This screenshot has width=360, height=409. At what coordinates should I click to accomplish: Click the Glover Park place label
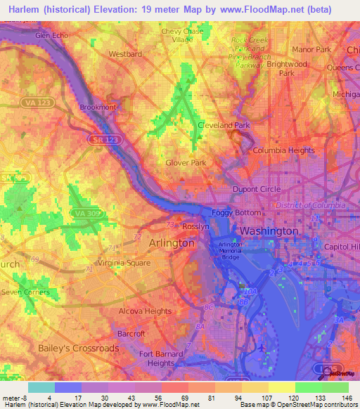(x=186, y=162)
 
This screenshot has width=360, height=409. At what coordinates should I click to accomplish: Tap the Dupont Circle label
(x=257, y=190)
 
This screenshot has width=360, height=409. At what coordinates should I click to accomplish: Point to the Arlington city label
(x=172, y=242)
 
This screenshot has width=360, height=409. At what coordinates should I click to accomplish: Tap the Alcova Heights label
(x=146, y=311)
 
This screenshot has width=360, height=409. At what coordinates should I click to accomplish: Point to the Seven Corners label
(x=25, y=292)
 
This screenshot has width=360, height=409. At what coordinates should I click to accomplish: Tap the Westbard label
(x=125, y=53)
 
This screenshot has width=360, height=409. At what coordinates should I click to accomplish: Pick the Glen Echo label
(x=52, y=35)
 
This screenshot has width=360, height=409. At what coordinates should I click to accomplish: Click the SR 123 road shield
(x=101, y=141)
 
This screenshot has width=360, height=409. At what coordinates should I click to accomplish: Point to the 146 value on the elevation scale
(x=336, y=398)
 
